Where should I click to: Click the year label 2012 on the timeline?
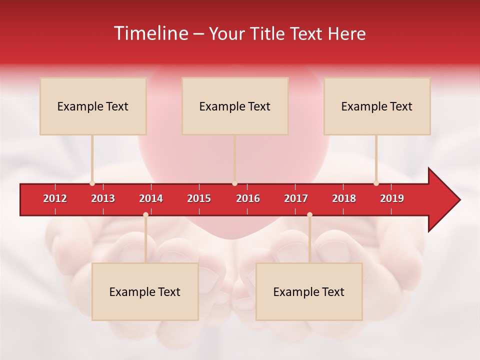(x=55, y=198)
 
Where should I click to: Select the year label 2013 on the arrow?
(x=103, y=198)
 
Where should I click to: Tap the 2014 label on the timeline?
(x=151, y=198)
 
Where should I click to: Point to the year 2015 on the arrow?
(x=199, y=198)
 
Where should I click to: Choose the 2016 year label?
(x=248, y=198)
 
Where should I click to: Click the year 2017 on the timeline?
(x=296, y=198)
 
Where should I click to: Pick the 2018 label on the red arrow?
(x=344, y=198)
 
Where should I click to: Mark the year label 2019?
(x=392, y=198)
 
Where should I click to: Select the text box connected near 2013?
(x=93, y=106)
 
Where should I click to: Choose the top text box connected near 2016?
(x=235, y=106)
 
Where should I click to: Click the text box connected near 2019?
(x=377, y=106)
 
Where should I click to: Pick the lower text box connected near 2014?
(x=145, y=291)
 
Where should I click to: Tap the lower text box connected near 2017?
(x=309, y=291)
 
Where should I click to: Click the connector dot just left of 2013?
(x=92, y=183)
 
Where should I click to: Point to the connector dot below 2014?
(x=145, y=214)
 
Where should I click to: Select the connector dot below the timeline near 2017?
(x=309, y=214)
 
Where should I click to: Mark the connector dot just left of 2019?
(x=376, y=183)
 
